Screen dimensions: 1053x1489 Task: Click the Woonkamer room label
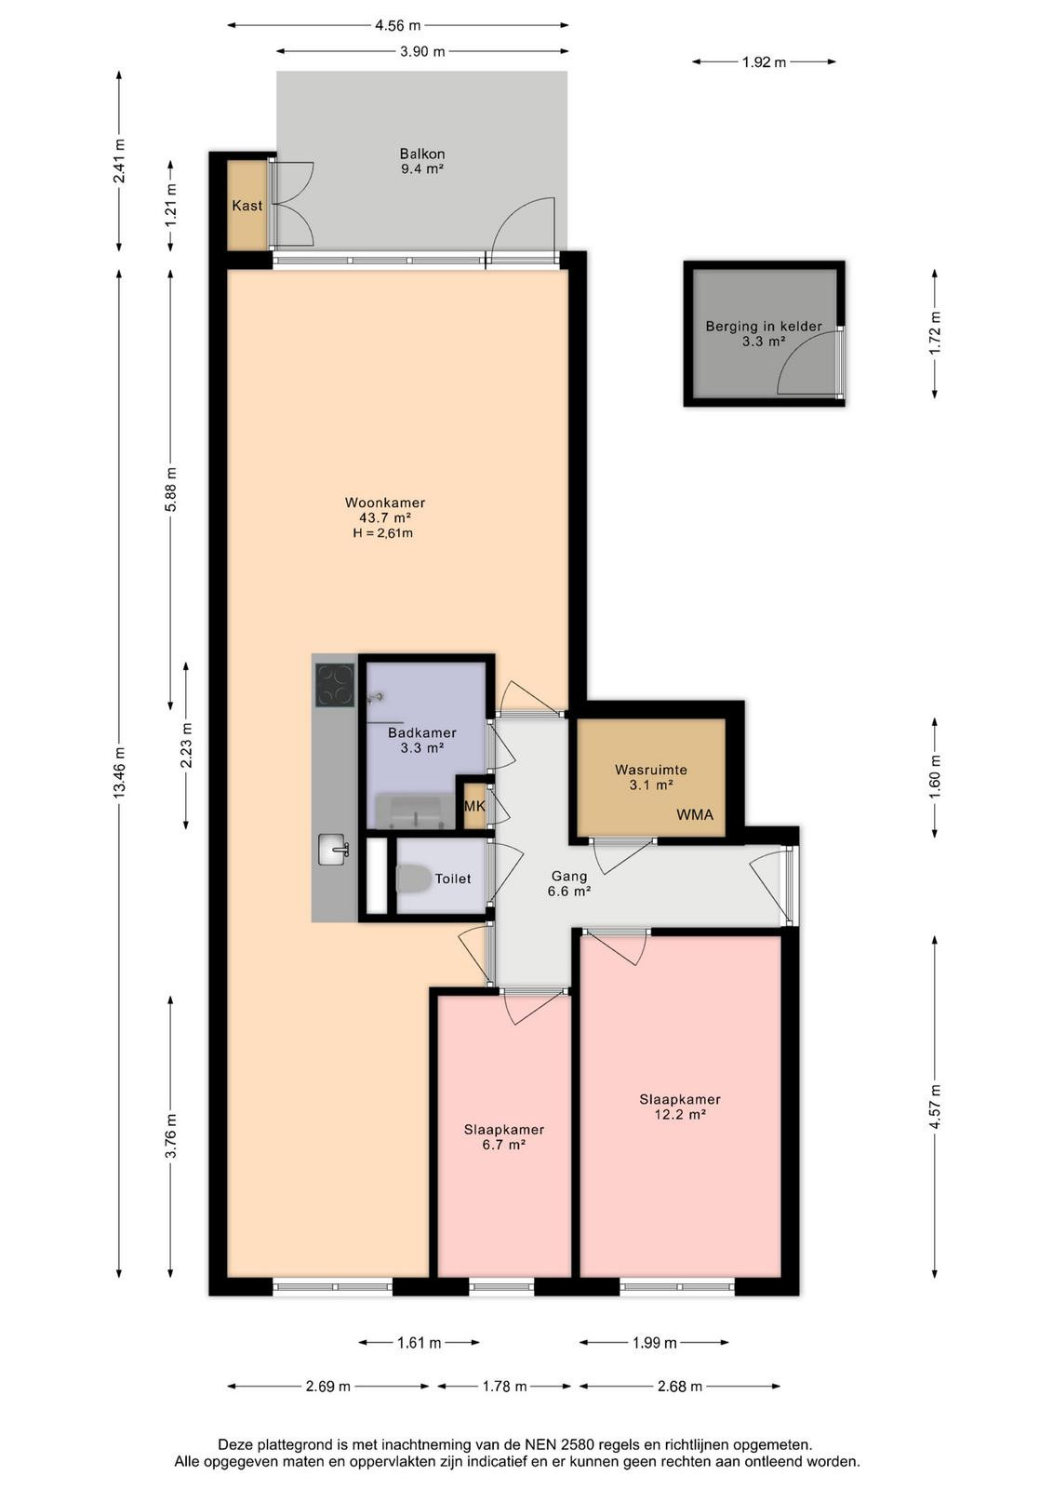pos(385,503)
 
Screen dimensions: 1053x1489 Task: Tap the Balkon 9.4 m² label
pos(422,160)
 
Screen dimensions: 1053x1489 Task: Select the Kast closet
pos(247,206)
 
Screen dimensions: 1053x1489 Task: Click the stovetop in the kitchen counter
pos(335,685)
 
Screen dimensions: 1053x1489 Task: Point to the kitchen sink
pos(334,850)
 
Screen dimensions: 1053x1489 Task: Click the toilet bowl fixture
pos(412,879)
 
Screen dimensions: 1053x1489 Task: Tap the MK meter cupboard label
pos(474,806)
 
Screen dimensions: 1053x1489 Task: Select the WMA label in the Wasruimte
pos(695,814)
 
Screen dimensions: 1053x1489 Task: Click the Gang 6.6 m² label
pos(568,884)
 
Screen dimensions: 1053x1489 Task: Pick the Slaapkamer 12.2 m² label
pos(680,1107)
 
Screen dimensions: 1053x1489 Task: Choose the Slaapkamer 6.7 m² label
pos(503,1136)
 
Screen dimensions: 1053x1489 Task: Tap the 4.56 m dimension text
pos(397,26)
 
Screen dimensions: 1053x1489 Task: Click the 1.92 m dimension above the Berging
pos(764,62)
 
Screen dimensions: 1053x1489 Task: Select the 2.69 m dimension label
pos(327,1387)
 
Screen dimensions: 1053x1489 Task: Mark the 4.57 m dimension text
pos(935,1107)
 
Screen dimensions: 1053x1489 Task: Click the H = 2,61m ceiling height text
pos(382,533)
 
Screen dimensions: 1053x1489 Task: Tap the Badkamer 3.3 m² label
pos(422,740)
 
